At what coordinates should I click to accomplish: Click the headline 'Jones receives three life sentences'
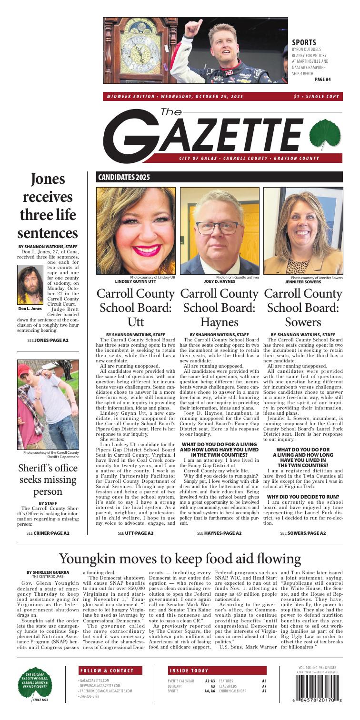[48, 206]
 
